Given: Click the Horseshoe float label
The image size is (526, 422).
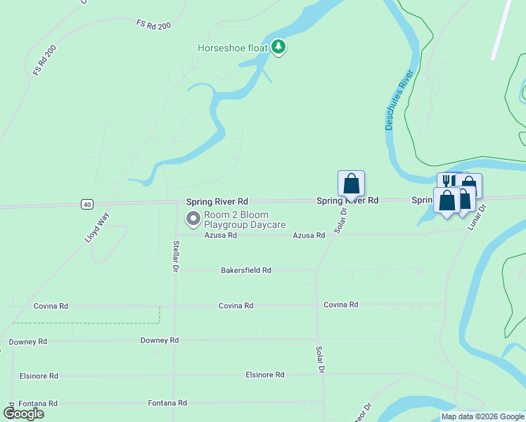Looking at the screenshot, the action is coord(233,48).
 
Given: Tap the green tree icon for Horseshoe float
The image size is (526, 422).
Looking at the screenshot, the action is coord(279,47).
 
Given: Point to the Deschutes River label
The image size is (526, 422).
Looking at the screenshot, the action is coord(397,104).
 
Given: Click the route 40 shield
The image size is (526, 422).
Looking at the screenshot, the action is coord(86,204).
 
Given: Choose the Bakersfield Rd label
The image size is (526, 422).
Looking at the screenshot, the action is coord(245,270).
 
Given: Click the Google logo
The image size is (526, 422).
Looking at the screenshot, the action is coord(23,414).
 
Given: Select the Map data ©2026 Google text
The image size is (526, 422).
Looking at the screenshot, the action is coord(482,416).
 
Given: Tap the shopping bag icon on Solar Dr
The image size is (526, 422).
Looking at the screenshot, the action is coord(352,184).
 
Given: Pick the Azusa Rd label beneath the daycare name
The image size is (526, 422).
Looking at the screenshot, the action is coord(220,236).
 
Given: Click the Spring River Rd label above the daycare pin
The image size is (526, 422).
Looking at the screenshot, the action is coord(217,201).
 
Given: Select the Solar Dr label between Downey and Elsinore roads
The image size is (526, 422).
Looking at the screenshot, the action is coord(320,359).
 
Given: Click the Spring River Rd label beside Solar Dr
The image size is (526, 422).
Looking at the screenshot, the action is coord(347,200).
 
